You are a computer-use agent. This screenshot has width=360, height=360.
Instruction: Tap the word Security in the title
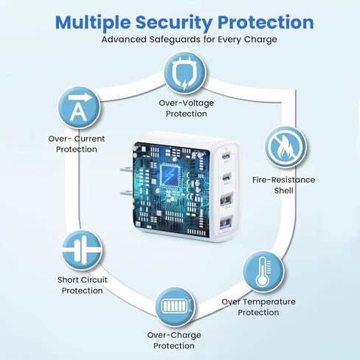tap(173, 23)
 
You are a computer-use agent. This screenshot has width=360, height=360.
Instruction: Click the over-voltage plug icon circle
tap(185, 74)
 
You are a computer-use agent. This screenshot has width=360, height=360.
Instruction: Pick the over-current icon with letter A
tap(79, 107)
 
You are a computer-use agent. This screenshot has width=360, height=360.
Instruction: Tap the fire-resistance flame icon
tap(285, 147)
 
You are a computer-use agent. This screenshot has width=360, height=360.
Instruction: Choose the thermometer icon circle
tap(263, 271)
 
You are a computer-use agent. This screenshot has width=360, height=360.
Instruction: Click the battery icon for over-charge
tap(176, 307)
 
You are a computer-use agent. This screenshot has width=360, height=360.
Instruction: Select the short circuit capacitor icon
tap(82, 250)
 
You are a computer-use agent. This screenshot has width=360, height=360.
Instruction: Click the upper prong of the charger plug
tap(127, 170)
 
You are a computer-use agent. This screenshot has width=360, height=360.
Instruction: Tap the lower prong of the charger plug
tap(127, 193)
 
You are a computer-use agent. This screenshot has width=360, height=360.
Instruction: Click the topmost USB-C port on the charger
tap(226, 156)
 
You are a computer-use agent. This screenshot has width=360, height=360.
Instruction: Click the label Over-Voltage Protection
tap(187, 108)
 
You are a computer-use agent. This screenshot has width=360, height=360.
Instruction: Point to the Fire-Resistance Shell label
tap(283, 185)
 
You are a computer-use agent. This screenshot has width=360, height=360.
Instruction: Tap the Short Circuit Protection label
tap(83, 285)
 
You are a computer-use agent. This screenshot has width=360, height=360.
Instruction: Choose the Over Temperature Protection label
tap(258, 307)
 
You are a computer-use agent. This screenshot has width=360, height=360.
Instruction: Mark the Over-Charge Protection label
tap(174, 341)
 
